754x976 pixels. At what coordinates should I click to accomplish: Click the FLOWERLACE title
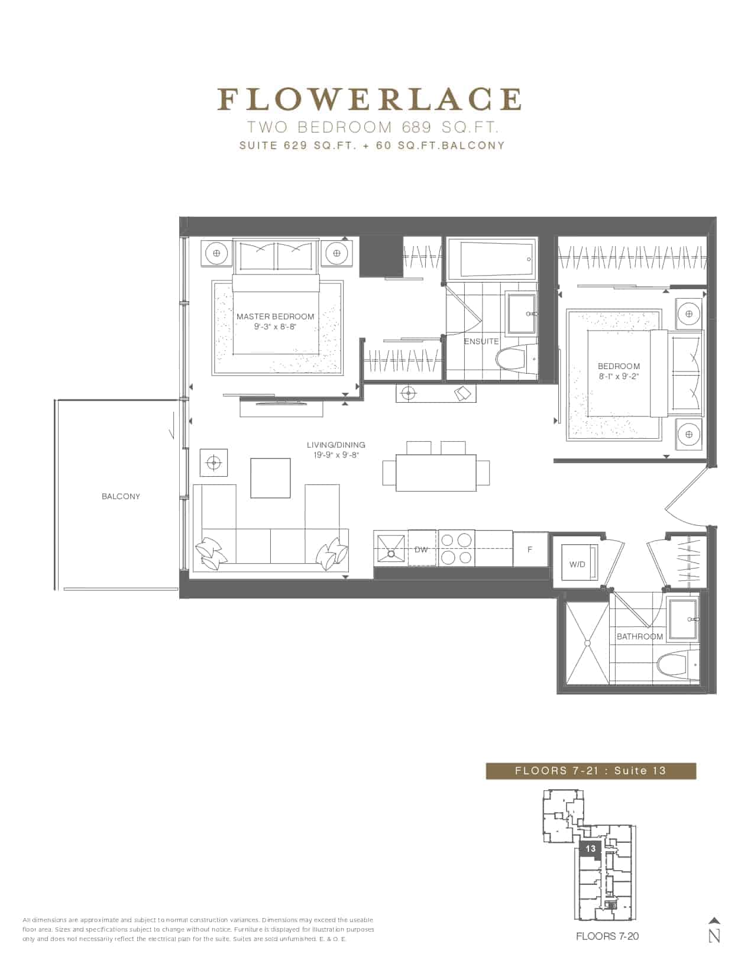(x=370, y=99)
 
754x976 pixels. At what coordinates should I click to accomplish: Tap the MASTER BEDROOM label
(x=276, y=316)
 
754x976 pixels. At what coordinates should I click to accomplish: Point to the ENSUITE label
(x=481, y=341)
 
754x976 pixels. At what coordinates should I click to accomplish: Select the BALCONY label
(x=121, y=496)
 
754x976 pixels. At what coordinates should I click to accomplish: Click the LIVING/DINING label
(x=336, y=445)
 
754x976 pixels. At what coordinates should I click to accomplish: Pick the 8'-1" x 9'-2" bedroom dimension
(x=619, y=376)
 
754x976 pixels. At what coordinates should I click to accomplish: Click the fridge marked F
(x=530, y=550)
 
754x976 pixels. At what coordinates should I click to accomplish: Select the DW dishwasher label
(x=421, y=550)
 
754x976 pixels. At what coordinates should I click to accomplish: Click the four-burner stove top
(x=457, y=548)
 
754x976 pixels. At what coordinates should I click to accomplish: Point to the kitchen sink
(x=391, y=548)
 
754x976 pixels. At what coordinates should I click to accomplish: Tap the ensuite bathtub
(x=491, y=259)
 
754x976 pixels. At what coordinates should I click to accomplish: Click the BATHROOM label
(x=639, y=636)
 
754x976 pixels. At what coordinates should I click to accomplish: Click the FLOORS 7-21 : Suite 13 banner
(x=591, y=771)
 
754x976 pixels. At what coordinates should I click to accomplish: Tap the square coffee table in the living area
(x=270, y=478)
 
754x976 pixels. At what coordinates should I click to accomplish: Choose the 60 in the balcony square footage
(x=384, y=146)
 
